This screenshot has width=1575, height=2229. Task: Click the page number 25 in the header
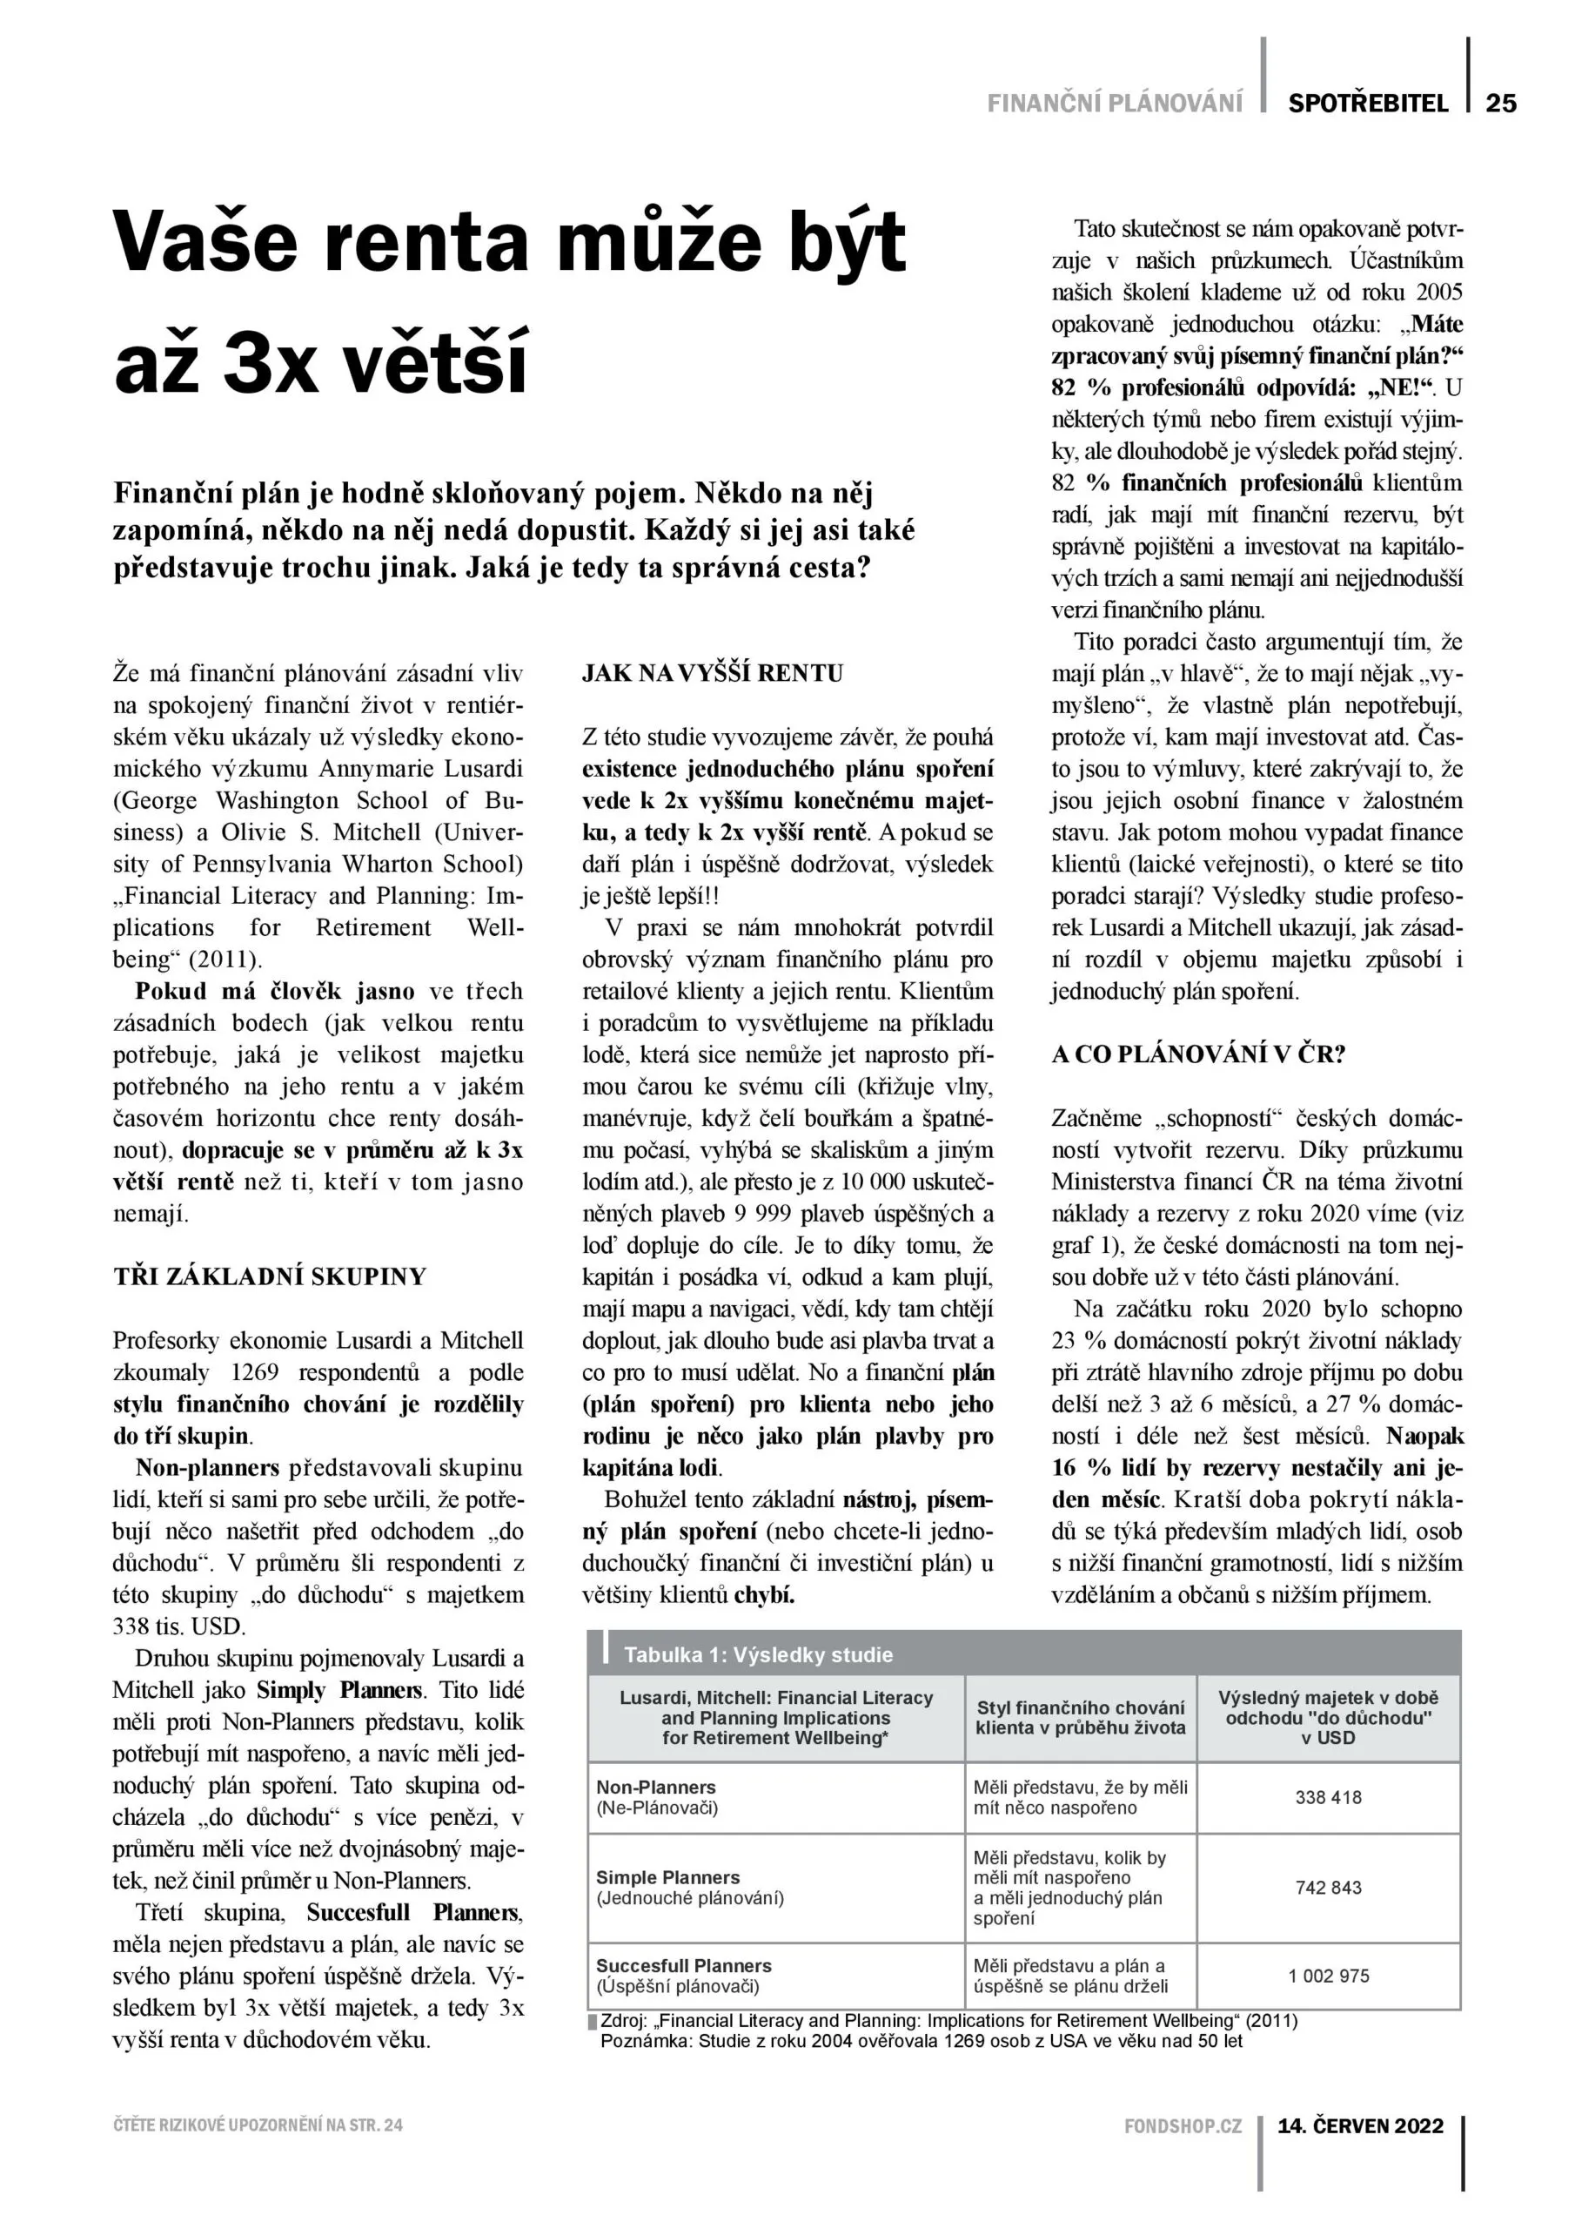click(1500, 103)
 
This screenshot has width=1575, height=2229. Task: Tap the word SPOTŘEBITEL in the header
click(1367, 103)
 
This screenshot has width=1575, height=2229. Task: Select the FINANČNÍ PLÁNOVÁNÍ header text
click(1114, 103)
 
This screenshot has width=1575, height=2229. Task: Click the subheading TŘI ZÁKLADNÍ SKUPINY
click(270, 1276)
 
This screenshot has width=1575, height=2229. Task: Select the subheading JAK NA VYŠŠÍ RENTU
click(713, 673)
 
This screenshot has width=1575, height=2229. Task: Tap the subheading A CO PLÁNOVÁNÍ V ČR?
click(1198, 1055)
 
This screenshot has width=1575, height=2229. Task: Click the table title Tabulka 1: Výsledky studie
click(758, 1655)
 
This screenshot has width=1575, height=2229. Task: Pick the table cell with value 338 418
click(1328, 1797)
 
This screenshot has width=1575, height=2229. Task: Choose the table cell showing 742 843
click(1328, 1889)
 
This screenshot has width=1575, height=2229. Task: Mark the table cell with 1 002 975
click(1328, 1976)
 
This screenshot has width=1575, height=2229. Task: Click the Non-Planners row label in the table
click(656, 1788)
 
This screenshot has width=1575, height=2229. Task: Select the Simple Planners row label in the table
click(667, 1877)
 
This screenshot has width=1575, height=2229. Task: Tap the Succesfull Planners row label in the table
click(683, 1966)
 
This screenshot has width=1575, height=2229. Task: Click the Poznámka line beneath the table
click(921, 2041)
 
